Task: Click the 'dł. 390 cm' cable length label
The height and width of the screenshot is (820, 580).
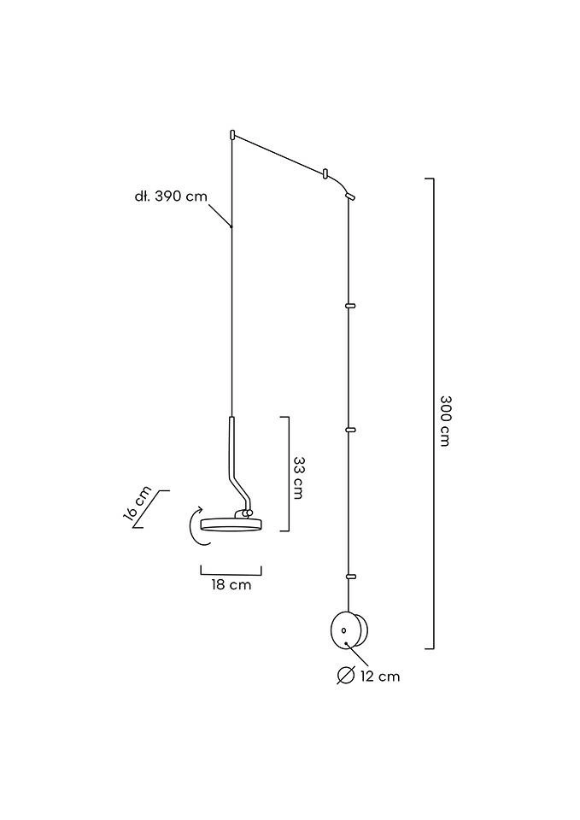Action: [x=171, y=196]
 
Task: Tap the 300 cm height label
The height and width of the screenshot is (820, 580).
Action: [x=444, y=420]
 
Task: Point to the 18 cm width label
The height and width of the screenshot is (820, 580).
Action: [x=231, y=585]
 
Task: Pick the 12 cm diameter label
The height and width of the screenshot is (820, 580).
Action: [x=379, y=676]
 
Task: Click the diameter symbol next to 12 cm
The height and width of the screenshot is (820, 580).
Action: [x=345, y=676]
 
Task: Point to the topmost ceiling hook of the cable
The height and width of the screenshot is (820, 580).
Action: [x=232, y=134]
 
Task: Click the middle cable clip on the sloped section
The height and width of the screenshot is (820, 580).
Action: [x=325, y=173]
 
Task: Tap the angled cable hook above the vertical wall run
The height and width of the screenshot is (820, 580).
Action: [x=349, y=196]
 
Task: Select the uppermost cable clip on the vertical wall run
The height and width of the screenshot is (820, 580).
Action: [x=349, y=303]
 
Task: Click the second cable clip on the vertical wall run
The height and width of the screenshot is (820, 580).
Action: [x=349, y=429]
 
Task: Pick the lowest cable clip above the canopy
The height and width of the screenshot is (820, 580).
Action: [x=349, y=574]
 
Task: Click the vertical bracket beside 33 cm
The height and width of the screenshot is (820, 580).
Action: [x=288, y=474]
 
